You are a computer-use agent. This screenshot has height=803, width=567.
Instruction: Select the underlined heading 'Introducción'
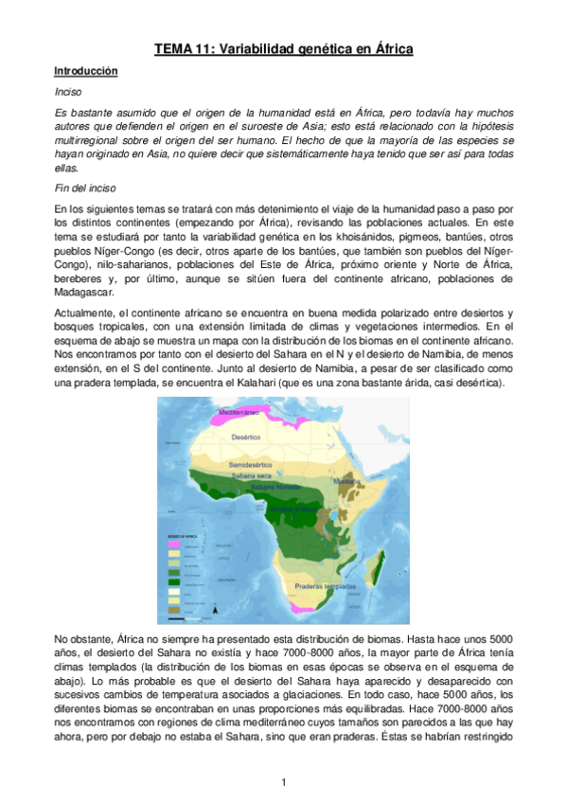point(85,71)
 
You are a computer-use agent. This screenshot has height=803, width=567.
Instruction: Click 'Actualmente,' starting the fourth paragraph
point(82,313)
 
